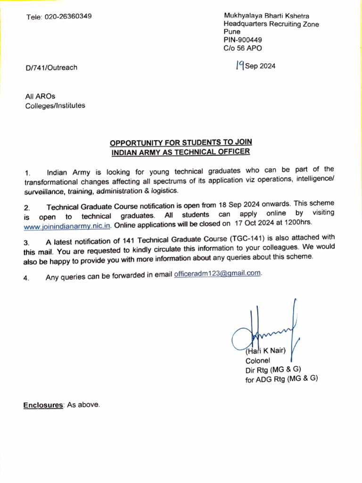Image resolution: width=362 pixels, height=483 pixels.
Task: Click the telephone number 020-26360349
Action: pyautogui.click(x=68, y=17)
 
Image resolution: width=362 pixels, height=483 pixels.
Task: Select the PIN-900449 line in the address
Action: pyautogui.click(x=243, y=40)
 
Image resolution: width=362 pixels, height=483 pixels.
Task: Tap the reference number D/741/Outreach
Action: pyautogui.click(x=51, y=67)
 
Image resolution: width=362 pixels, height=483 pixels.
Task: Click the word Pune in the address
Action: pyautogui.click(x=232, y=32)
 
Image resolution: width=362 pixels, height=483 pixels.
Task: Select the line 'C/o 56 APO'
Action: pyautogui.click(x=243, y=48)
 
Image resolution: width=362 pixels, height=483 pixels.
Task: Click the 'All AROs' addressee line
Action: pyautogui.click(x=40, y=97)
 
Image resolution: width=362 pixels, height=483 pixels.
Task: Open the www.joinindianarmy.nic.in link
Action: pyautogui.click(x=67, y=225)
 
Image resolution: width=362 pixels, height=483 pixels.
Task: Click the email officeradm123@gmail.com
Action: pyautogui.click(x=217, y=274)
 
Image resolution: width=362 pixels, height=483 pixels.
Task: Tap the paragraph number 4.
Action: pyautogui.click(x=26, y=278)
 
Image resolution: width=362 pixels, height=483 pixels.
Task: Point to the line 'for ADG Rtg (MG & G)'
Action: pyautogui.click(x=281, y=379)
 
